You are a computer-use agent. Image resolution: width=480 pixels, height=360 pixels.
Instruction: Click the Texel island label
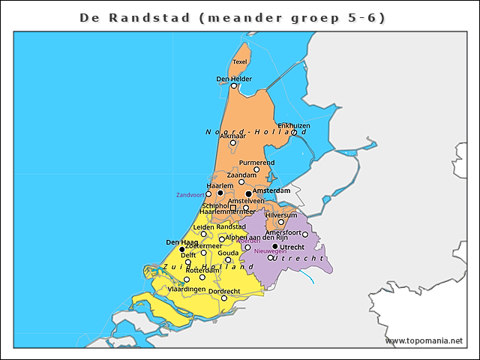240,61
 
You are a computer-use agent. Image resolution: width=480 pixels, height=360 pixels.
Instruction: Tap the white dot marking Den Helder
234,86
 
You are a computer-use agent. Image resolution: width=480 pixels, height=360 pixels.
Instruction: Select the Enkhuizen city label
293,125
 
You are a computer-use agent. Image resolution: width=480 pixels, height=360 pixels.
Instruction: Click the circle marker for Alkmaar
233,142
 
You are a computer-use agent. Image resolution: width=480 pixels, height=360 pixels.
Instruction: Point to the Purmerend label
256,162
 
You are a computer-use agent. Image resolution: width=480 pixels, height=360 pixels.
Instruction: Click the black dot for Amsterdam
248,193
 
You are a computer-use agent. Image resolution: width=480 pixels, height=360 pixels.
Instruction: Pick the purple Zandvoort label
190,195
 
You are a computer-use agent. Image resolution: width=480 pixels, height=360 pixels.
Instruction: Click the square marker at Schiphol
233,207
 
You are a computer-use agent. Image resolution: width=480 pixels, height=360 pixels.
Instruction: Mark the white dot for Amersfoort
305,235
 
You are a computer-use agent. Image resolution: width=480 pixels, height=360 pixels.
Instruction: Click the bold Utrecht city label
291,247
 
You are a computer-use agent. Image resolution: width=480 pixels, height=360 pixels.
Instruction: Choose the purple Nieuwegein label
270,251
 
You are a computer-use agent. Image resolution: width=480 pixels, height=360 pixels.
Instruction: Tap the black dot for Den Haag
182,250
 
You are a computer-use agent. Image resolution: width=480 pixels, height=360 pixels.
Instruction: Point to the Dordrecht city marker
223,298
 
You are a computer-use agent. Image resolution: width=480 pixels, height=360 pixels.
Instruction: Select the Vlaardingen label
186,289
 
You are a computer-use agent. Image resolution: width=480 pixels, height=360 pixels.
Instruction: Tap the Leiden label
203,226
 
